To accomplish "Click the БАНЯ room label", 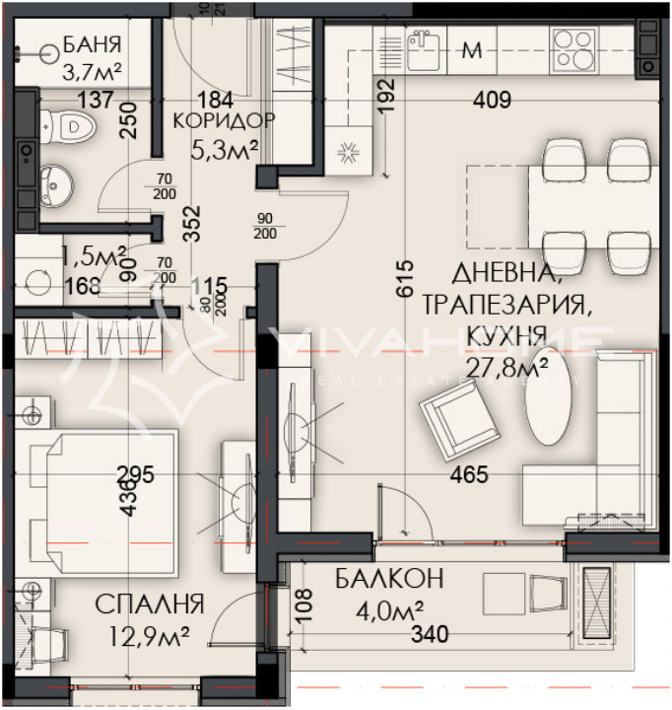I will [92, 44].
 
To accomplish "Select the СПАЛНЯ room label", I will [150, 603].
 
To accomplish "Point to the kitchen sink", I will [423, 49].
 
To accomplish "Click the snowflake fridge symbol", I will [347, 153].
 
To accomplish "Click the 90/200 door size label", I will [265, 225].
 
